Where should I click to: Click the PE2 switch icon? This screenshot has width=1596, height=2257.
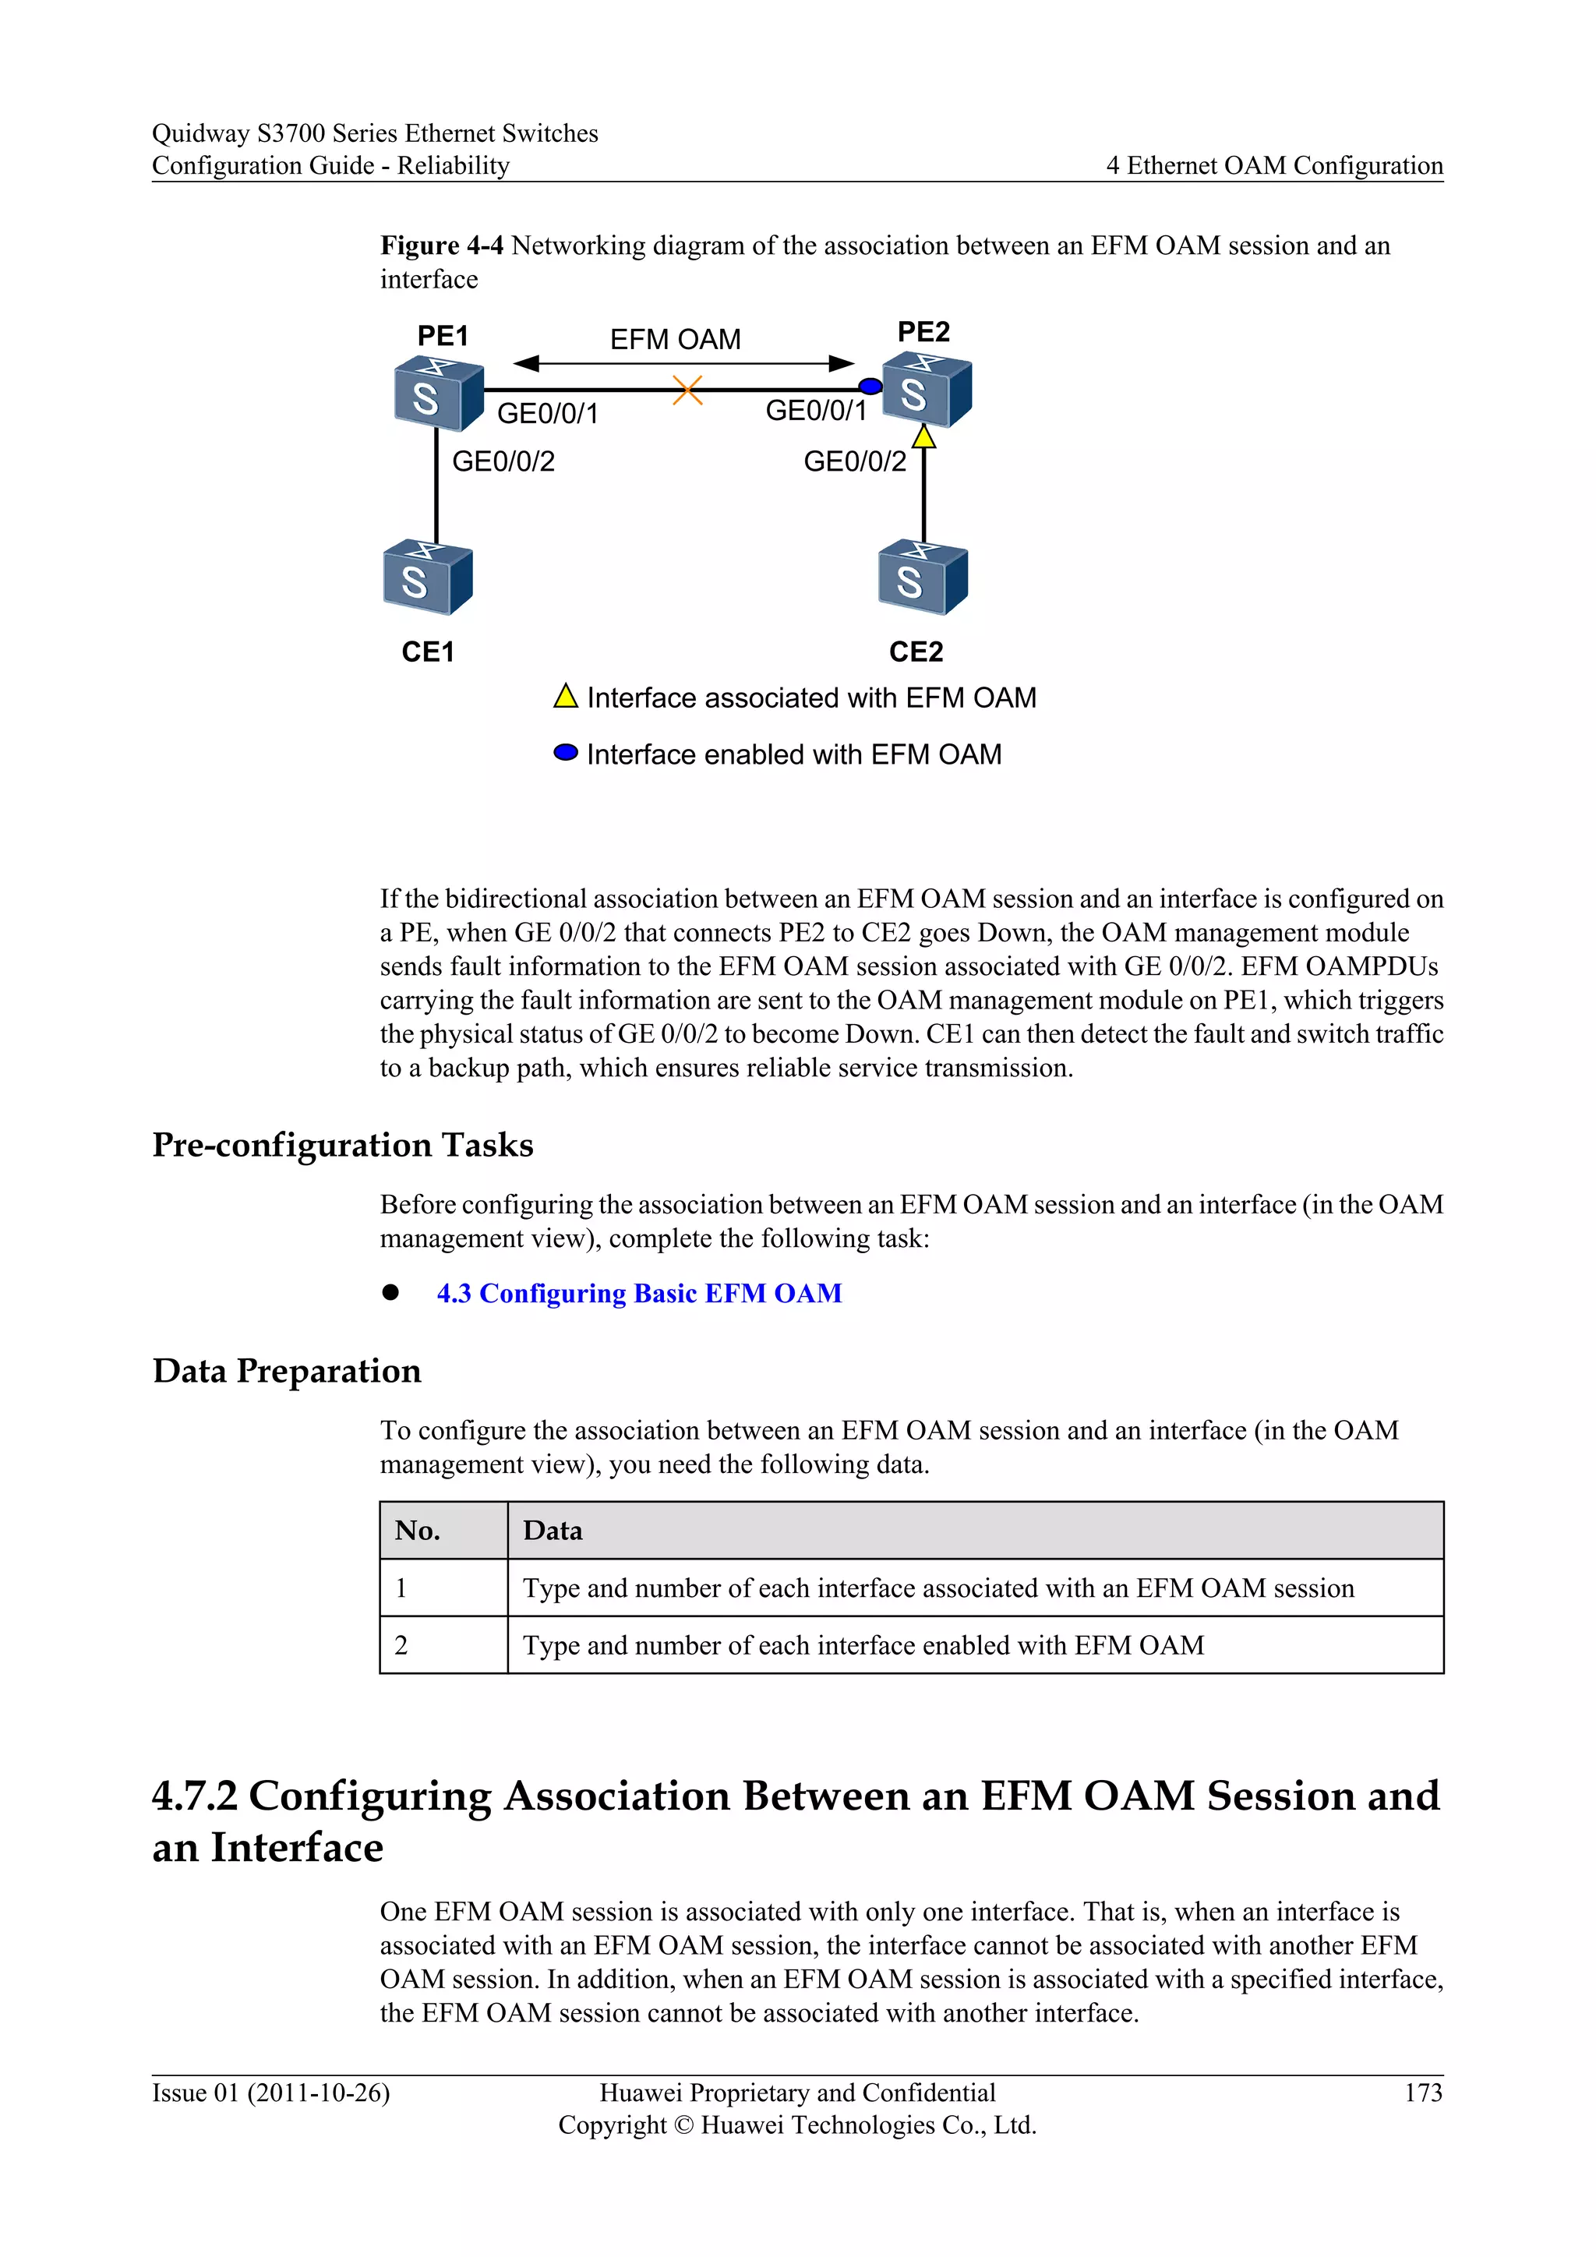pos(926,391)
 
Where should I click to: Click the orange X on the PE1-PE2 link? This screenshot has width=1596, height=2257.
pos(687,390)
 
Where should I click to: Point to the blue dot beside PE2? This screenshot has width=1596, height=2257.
pos(870,387)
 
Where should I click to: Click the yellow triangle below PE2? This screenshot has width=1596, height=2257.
pos(923,436)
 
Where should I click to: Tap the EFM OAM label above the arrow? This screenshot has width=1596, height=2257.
pos(675,340)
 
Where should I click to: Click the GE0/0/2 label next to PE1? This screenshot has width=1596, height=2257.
pos(503,461)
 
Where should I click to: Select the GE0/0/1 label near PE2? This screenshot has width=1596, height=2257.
pos(816,411)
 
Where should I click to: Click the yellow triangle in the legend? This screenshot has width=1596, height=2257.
pos(565,697)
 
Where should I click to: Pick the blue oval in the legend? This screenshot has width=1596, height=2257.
pos(565,753)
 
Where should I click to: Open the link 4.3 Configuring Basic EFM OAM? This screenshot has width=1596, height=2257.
pos(639,1293)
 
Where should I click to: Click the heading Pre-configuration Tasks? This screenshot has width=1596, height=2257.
pos(342,1145)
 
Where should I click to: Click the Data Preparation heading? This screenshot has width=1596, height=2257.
pos(286,1370)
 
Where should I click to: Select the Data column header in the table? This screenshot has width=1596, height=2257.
pos(553,1531)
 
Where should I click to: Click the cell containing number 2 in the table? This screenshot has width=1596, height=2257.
pos(401,1645)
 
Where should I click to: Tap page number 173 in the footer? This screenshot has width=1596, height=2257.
pos(1422,2093)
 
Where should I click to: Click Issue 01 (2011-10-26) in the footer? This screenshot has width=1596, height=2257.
pos(270,2093)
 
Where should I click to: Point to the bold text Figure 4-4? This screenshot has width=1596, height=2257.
pos(441,245)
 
